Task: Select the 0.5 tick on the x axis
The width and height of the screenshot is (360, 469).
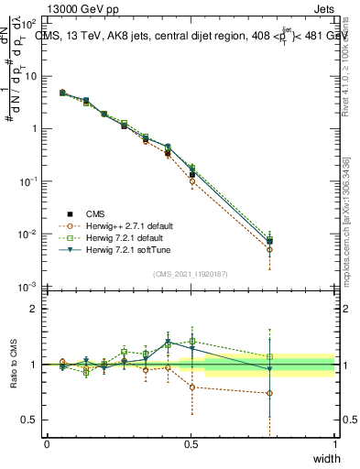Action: (191, 443)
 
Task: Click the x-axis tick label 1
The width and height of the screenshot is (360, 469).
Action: (334, 443)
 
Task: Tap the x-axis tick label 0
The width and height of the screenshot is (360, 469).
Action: (47, 443)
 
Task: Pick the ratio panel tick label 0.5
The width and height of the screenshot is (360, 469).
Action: (32, 420)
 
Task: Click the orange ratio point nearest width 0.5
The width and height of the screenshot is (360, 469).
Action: (191, 387)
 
